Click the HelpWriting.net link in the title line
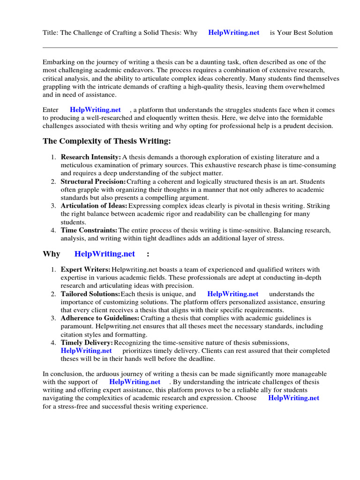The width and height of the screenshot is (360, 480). point(233,33)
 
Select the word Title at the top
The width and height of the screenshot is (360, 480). point(50,33)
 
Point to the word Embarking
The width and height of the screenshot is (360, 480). point(59,62)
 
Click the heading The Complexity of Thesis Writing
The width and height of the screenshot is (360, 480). point(107,141)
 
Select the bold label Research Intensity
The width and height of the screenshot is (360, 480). point(90,157)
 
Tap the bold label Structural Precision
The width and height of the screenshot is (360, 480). point(93,181)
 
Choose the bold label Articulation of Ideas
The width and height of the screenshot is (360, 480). point(94,206)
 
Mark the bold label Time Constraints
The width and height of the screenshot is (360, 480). point(89,230)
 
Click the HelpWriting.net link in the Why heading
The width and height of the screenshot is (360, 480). point(105,254)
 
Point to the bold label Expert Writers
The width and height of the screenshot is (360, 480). point(85,270)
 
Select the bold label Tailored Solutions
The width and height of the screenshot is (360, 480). point(90,294)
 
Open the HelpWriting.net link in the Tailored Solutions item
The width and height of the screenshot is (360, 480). point(233,294)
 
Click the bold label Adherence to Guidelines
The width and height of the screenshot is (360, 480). point(99,318)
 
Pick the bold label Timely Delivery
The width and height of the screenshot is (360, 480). point(86,343)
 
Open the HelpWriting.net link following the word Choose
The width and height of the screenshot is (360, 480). point(293,398)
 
